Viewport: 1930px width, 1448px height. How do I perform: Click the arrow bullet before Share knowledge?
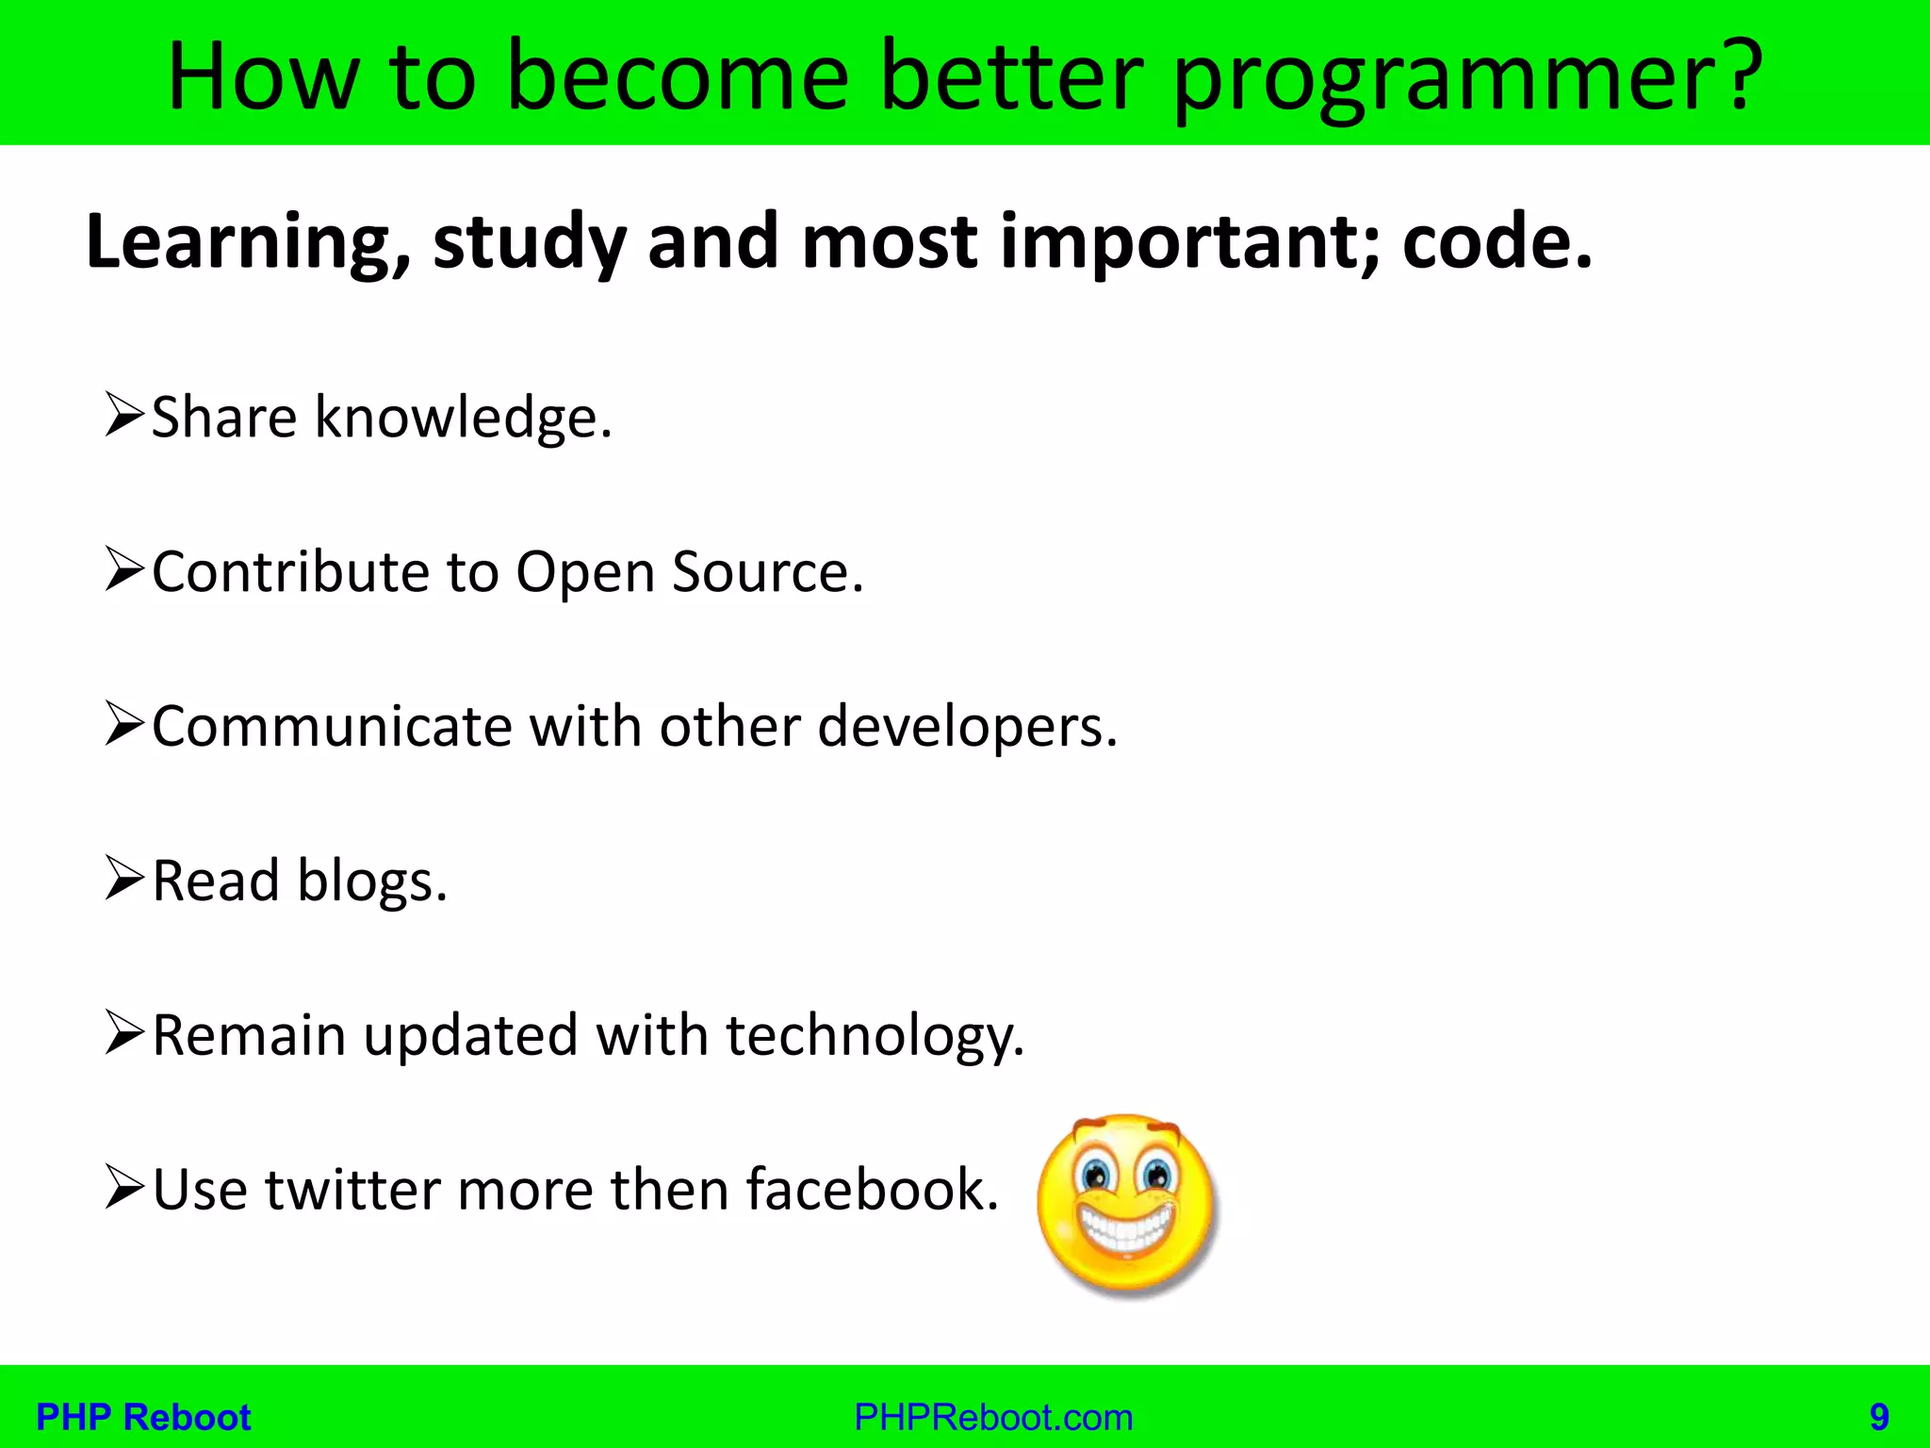(x=124, y=416)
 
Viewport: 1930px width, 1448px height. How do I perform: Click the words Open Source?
(x=689, y=572)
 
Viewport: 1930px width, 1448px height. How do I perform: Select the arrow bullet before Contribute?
(x=124, y=570)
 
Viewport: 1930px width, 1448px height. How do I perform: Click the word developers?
(x=967, y=728)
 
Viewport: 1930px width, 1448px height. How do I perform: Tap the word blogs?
(x=371, y=882)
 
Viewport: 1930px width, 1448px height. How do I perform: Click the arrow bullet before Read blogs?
(x=124, y=879)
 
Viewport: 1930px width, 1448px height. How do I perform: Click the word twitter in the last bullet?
(x=352, y=1190)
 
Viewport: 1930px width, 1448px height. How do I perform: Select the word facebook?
(x=871, y=1190)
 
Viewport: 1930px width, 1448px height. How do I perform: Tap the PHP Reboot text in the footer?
(x=143, y=1418)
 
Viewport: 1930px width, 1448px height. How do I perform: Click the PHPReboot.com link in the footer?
(x=993, y=1418)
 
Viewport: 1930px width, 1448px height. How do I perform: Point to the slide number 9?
(x=1879, y=1418)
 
